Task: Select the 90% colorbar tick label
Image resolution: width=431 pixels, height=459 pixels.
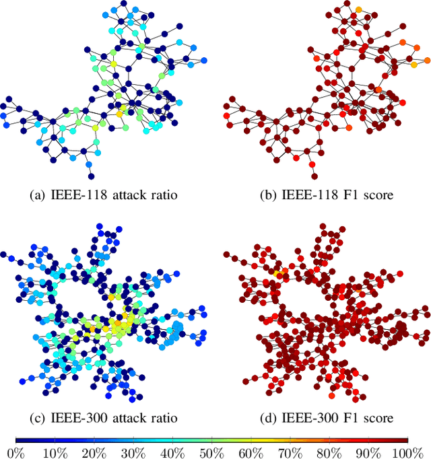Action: (x=368, y=452)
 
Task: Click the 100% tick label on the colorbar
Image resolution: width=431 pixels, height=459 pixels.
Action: (x=406, y=452)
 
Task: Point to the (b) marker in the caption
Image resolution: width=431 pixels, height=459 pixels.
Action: (x=267, y=196)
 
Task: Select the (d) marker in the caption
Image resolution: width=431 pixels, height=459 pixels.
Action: (x=267, y=418)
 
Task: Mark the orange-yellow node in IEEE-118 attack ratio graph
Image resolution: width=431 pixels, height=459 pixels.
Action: (x=119, y=114)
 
